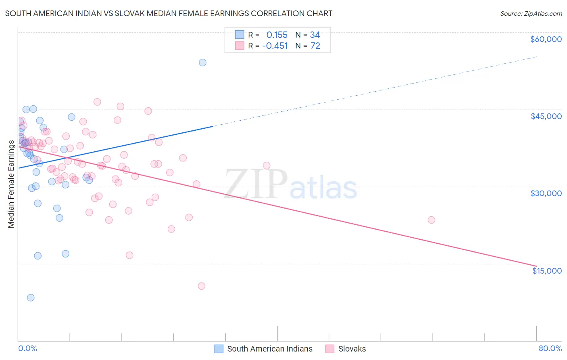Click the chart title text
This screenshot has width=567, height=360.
tap(169, 13)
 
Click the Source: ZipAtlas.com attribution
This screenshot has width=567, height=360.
tap(531, 13)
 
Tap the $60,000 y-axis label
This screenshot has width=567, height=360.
tap(546, 39)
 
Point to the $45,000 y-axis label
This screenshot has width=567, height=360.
tap(546, 116)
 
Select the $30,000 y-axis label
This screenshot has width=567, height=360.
tap(546, 193)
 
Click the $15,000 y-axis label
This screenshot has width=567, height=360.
tap(546, 271)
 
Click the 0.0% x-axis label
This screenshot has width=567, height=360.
tap(27, 348)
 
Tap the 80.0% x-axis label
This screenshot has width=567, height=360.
tap(550, 348)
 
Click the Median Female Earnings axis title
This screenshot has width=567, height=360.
tap(11, 184)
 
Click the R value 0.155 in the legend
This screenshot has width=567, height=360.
tap(277, 35)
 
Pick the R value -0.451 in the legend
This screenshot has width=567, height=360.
tap(275, 46)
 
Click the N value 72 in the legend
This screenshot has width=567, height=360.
tap(315, 46)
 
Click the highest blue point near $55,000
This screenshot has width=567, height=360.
tap(202, 63)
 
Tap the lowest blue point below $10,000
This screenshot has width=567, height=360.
tap(31, 297)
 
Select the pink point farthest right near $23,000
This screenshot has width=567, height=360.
tap(431, 220)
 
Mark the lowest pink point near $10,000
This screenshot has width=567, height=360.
tap(202, 286)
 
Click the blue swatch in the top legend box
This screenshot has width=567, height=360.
tap(240, 35)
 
